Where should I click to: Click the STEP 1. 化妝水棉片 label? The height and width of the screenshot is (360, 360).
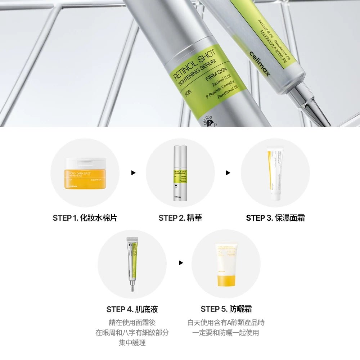85,218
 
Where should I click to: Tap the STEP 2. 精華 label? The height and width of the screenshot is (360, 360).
180,218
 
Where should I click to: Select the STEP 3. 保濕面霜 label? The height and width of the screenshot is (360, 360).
275,218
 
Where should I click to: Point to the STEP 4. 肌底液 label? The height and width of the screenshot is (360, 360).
132,309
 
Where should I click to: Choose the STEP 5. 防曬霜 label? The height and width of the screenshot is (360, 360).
226,309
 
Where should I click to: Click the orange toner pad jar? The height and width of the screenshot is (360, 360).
85,173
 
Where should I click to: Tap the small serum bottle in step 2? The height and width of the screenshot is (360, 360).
180,173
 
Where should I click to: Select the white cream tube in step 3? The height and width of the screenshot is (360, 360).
275,173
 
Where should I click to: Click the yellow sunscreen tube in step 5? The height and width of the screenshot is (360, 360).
226,265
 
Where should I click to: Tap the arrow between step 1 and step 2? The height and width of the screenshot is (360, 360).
133,173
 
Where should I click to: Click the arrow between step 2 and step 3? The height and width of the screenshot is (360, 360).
228,173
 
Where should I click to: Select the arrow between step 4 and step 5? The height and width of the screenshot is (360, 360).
181,264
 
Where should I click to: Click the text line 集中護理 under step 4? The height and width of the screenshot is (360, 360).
132,343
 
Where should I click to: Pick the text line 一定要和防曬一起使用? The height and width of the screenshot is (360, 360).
226,333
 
